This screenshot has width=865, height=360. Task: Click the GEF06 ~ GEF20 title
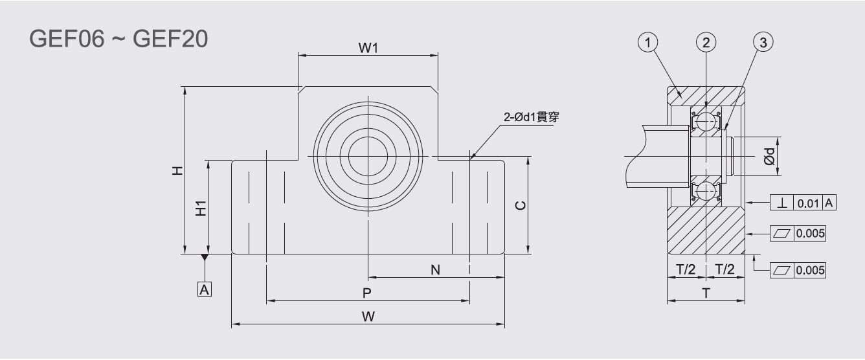pos(118,39)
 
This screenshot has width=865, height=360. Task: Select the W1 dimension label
pos(368,48)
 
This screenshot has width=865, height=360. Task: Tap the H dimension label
pos(177,170)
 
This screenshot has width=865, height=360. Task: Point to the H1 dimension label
pos(201,208)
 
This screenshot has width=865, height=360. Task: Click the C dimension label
pos(521,205)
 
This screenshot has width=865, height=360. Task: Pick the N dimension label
pos(435,270)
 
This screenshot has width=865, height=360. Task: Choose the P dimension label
pos(367,293)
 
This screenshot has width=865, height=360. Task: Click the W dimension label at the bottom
pos(368,317)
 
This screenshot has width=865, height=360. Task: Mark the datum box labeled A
pos(205,289)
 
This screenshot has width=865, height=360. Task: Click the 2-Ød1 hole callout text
pos(532,117)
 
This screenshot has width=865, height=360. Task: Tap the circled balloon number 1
pos(647,42)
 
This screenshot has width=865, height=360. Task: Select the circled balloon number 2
pos(706,42)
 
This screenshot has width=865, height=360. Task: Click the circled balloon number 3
pos(763,42)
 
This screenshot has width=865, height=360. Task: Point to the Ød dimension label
pos(769,156)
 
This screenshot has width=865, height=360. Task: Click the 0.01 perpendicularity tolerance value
pos(808,203)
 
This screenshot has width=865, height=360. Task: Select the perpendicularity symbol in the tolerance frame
pos(782,203)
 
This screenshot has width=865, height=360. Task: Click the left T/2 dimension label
pos(686,269)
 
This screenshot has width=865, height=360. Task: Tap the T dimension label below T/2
pos(706,293)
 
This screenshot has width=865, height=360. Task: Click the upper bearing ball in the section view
pos(706,121)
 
